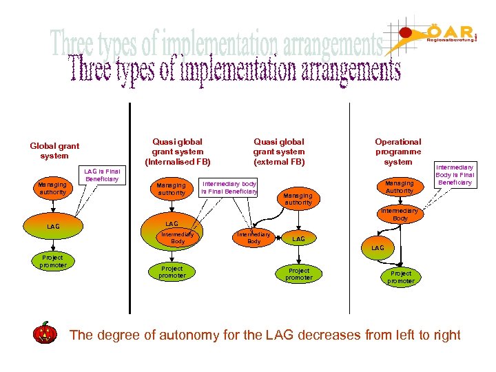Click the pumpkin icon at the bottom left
(x=45, y=333)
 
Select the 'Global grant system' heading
(x=54, y=151)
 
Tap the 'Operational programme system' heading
(x=398, y=152)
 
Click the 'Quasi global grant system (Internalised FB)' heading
(x=177, y=152)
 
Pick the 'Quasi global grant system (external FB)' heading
(x=278, y=152)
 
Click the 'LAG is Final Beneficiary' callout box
(x=102, y=175)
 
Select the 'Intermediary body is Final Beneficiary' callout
(x=229, y=187)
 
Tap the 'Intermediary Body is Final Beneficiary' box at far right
(x=455, y=175)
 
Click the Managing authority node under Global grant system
(x=52, y=188)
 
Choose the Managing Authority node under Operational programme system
(x=399, y=187)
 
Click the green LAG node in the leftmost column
(x=53, y=226)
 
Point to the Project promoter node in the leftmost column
(x=53, y=261)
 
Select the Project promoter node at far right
(x=400, y=277)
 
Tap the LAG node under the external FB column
(x=298, y=239)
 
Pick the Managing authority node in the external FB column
(x=298, y=198)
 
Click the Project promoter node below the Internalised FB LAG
(x=172, y=272)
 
